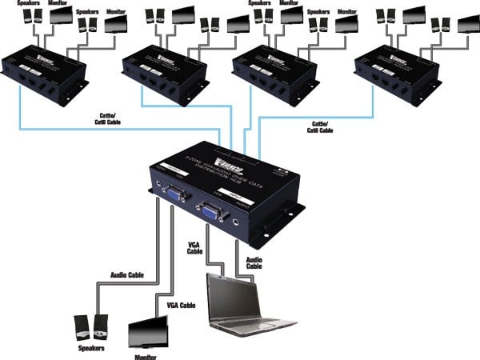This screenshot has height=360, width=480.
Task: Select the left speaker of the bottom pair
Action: (x=81, y=326)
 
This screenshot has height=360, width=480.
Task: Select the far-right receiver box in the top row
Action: (x=398, y=71)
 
